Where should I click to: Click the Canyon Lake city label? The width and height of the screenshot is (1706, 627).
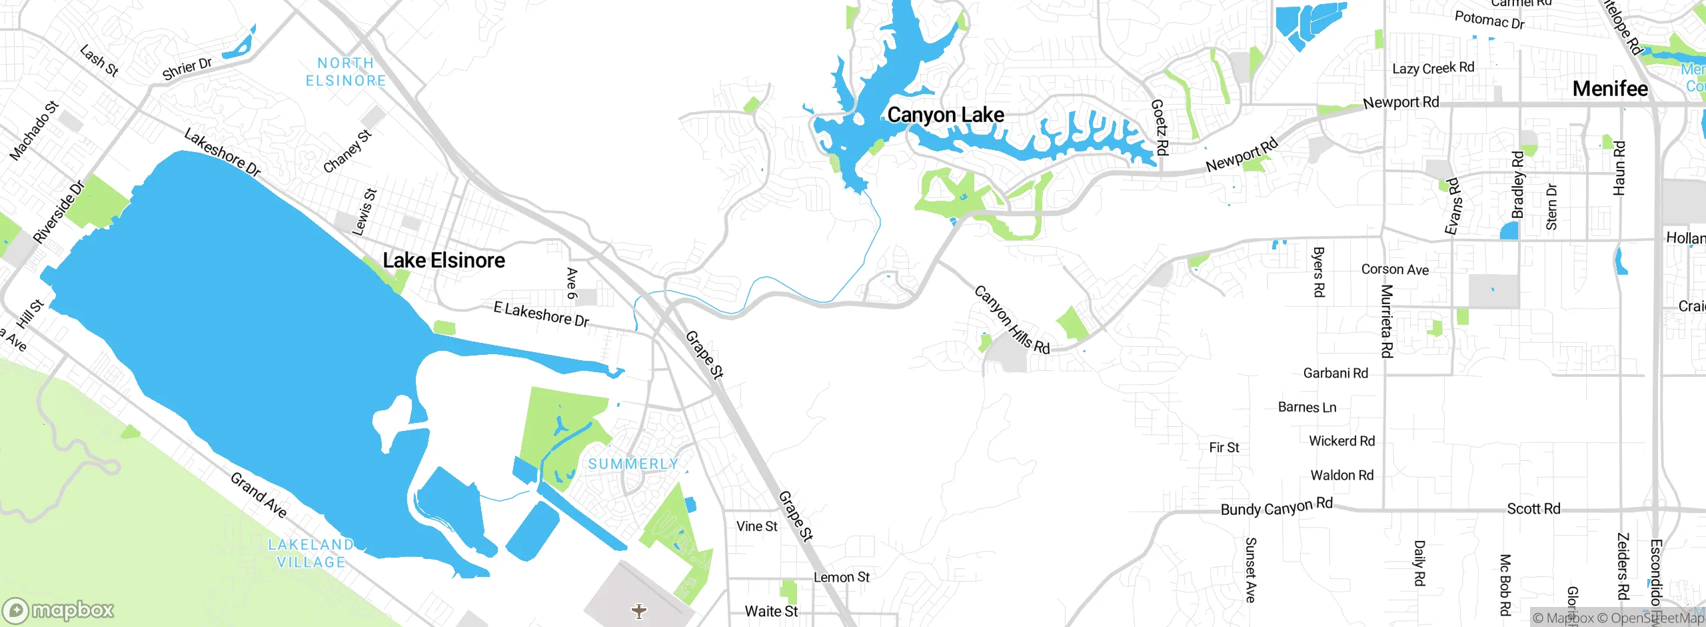946,115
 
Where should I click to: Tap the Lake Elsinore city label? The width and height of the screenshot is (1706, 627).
444,260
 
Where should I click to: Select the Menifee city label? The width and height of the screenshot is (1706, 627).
1610,89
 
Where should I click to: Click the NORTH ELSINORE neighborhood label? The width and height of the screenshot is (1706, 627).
346,72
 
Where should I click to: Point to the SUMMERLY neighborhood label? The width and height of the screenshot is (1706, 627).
633,464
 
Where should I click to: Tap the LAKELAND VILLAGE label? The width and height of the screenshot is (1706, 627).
311,554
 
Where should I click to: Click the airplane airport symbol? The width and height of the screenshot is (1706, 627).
639,611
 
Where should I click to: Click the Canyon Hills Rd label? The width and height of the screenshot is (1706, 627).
1012,320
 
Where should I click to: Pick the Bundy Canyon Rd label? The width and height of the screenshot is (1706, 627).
1276,507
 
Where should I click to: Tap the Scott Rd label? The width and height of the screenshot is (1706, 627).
1533,509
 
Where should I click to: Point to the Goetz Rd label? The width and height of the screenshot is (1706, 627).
1160,127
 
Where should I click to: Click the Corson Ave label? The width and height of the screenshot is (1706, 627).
1395,269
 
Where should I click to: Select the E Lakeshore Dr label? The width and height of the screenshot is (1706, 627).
541,314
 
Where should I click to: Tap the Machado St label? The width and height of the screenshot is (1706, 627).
34,131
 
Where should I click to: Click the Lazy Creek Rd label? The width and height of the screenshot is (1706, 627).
1433,68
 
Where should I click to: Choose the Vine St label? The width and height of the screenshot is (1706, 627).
756,526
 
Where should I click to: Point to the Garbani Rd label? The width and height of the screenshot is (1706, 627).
1335,373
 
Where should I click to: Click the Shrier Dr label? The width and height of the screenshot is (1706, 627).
187,68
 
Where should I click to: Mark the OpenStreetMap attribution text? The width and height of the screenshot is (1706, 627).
1655,618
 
